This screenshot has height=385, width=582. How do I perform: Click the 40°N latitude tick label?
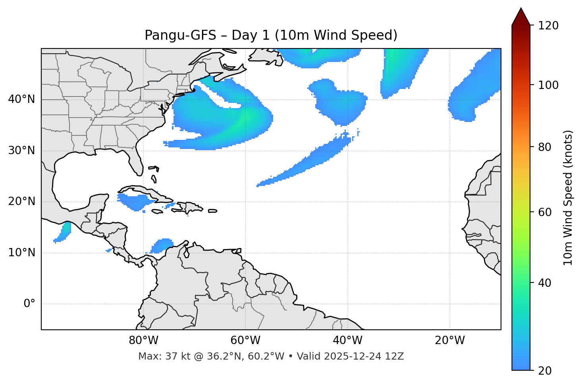(x=21, y=99)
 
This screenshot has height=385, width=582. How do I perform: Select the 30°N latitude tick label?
(x=21, y=151)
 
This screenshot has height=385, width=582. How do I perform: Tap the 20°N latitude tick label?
(x=21, y=201)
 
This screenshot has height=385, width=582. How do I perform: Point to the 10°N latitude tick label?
(x=21, y=253)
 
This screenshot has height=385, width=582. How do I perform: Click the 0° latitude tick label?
(x=29, y=304)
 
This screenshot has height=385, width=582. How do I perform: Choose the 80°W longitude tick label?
(x=143, y=341)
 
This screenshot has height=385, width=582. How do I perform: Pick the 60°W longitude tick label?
(x=245, y=341)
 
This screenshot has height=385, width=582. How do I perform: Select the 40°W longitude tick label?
(x=347, y=341)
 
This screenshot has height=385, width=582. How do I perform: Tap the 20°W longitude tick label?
(x=450, y=341)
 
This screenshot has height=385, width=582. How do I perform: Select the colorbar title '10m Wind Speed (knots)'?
(x=568, y=197)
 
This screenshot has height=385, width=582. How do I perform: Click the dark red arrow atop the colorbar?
(x=521, y=17)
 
